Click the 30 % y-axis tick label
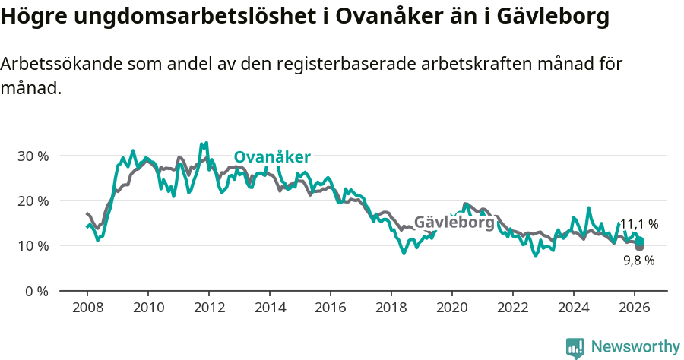(x=32, y=156)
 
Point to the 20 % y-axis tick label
(x=32, y=201)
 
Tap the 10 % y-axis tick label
(x=32, y=245)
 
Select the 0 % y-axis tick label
(x=36, y=291)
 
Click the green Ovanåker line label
(x=272, y=157)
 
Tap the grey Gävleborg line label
(x=454, y=223)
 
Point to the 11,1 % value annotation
(x=639, y=224)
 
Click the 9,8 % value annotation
(x=639, y=260)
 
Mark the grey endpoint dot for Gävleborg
(x=639, y=247)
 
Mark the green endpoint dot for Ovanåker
(x=640, y=240)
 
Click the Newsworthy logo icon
(x=575, y=347)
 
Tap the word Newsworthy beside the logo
(x=635, y=347)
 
